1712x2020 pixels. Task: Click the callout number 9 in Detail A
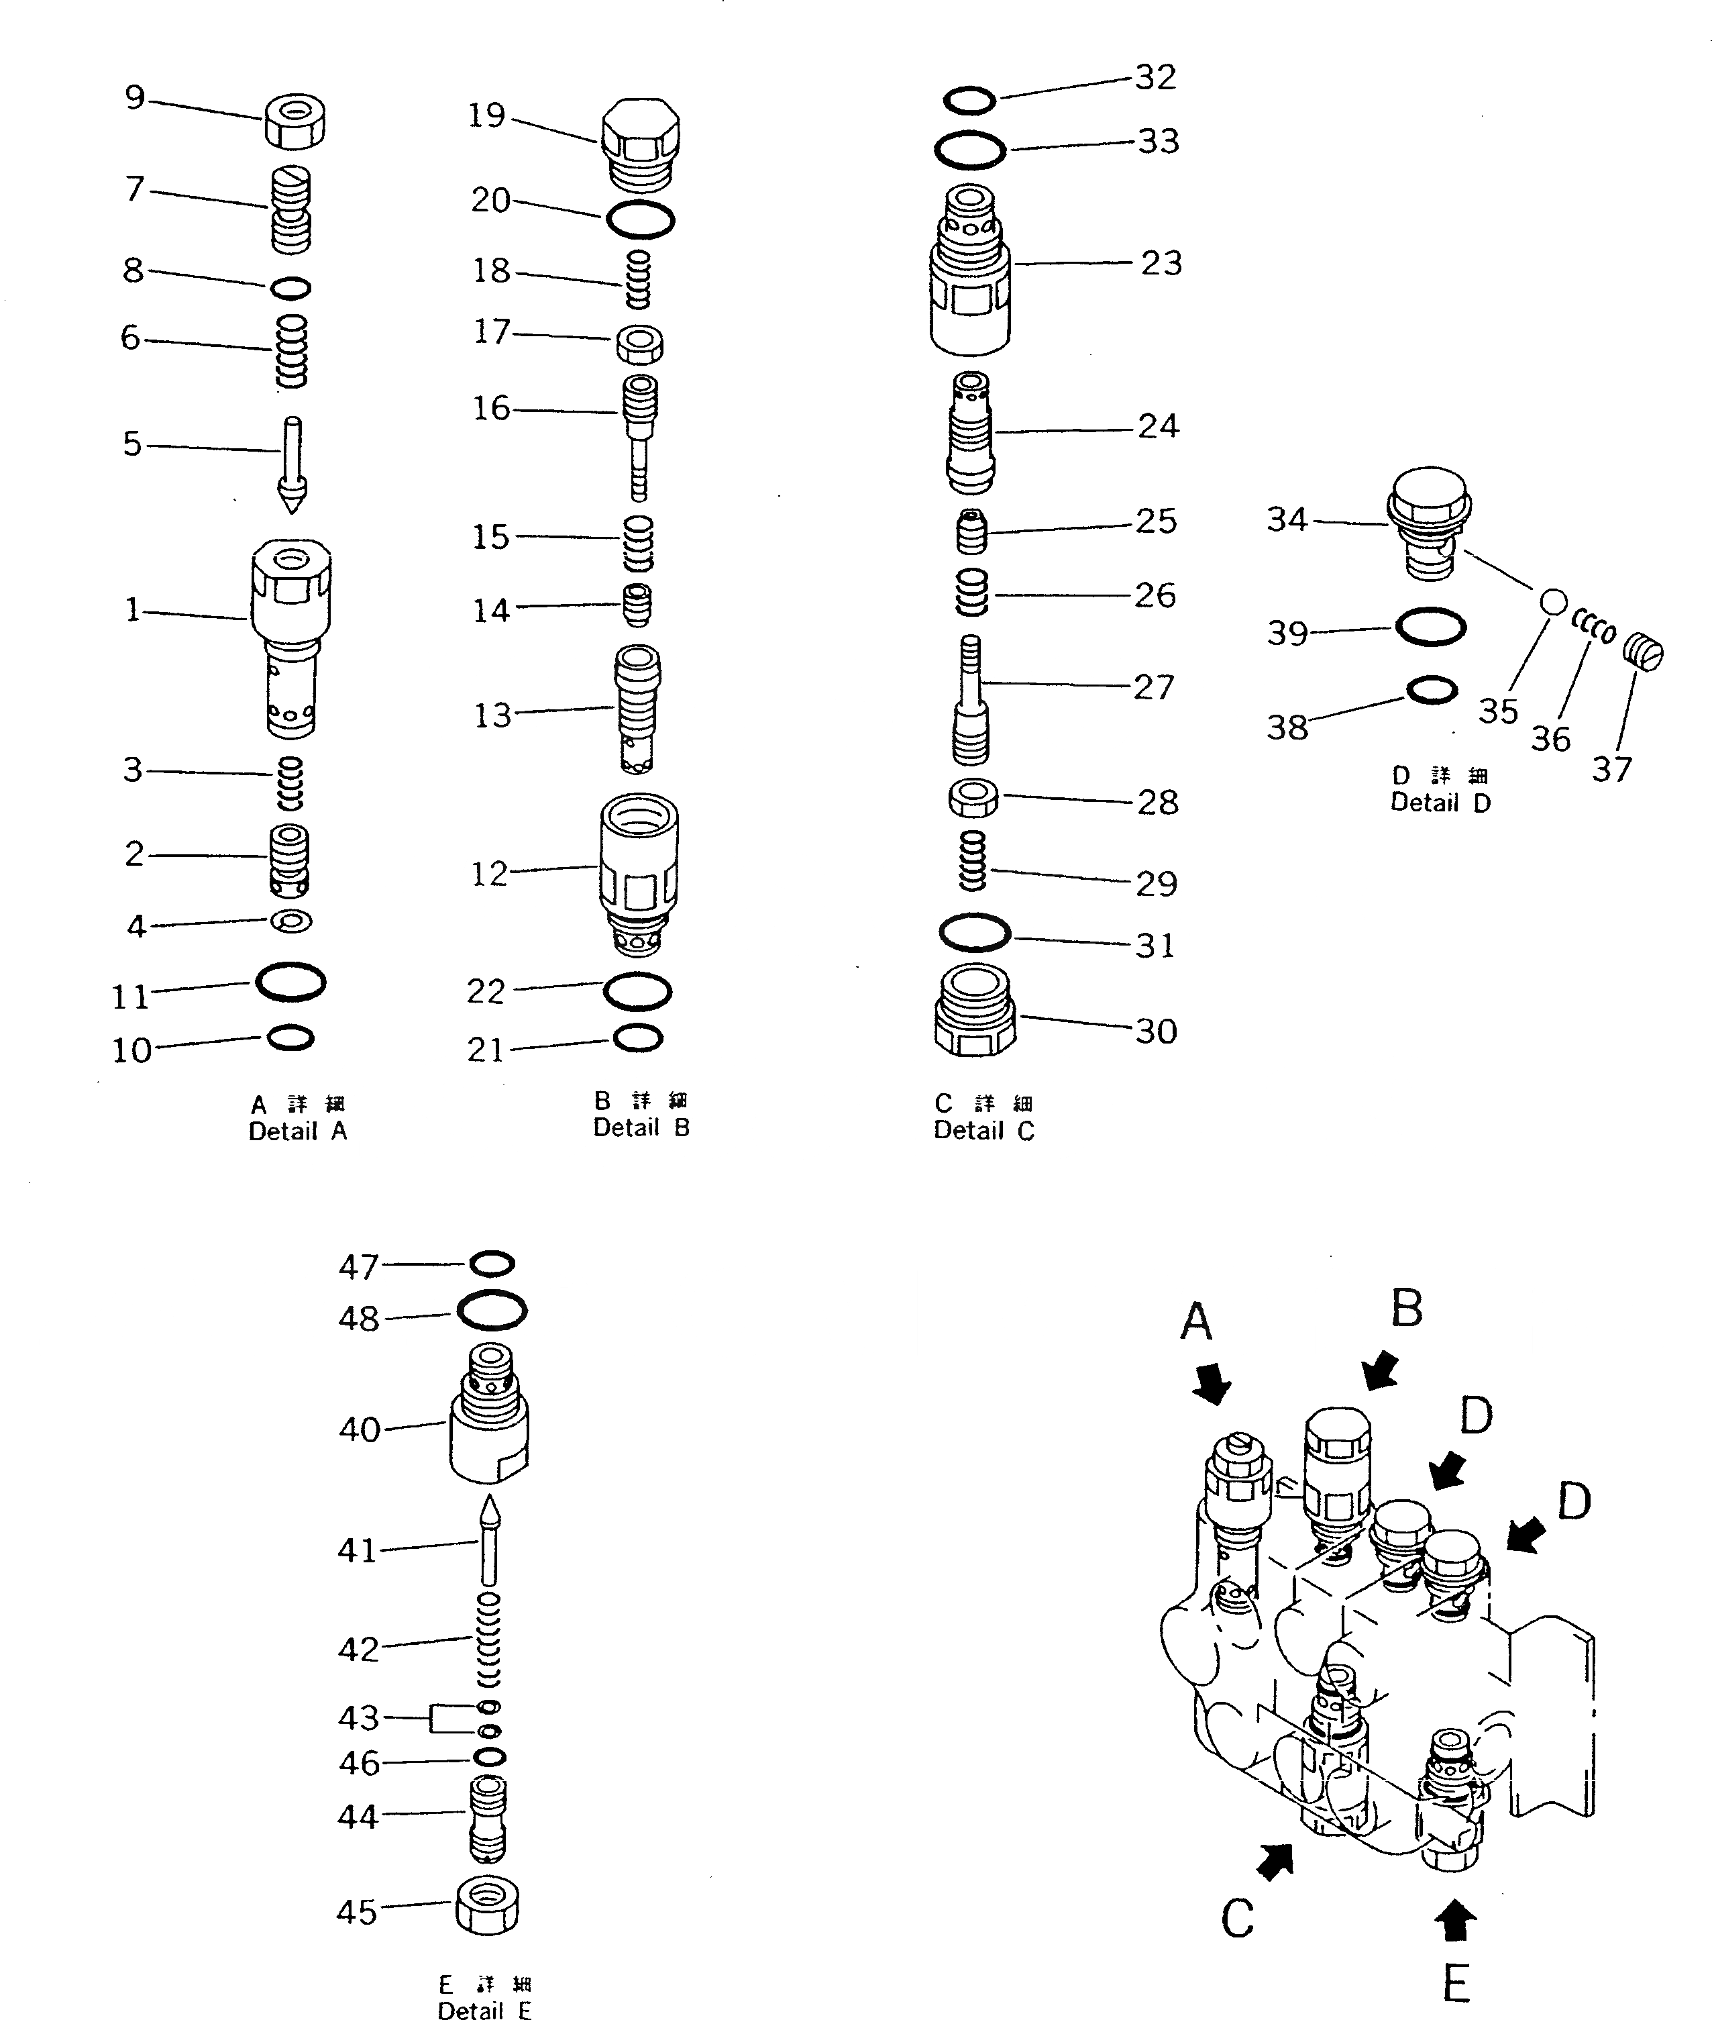pyautogui.click(x=135, y=97)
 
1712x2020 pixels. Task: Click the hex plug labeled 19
pyautogui.click(x=639, y=144)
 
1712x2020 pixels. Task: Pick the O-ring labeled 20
pyautogui.click(x=639, y=219)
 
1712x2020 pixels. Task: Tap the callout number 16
pyautogui.click(x=491, y=409)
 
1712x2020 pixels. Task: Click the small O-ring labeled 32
pyautogui.click(x=969, y=100)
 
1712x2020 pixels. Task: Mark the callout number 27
pyautogui.click(x=1154, y=687)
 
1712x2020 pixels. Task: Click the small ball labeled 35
pyautogui.click(x=1554, y=603)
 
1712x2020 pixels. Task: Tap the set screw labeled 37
pyautogui.click(x=1643, y=650)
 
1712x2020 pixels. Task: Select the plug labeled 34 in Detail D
pyautogui.click(x=1430, y=523)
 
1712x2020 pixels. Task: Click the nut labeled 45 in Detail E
pyautogui.click(x=487, y=1905)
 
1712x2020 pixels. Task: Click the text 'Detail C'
pyautogui.click(x=984, y=1131)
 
